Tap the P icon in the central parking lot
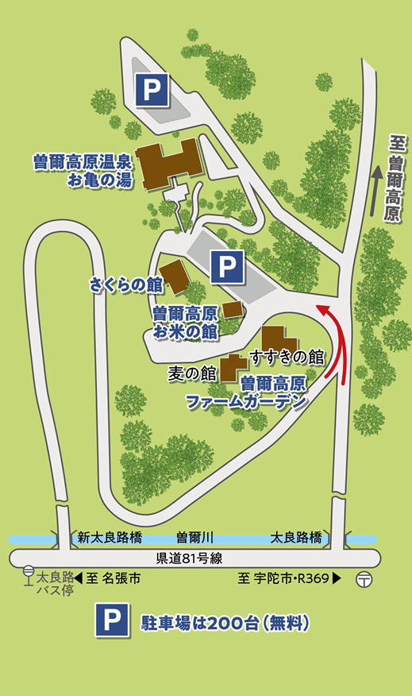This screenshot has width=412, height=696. [227, 265]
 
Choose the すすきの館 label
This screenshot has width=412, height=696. [287, 355]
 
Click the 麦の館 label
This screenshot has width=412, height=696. [193, 372]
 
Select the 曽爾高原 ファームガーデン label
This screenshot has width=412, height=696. [251, 392]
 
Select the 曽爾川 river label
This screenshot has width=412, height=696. [195, 538]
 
